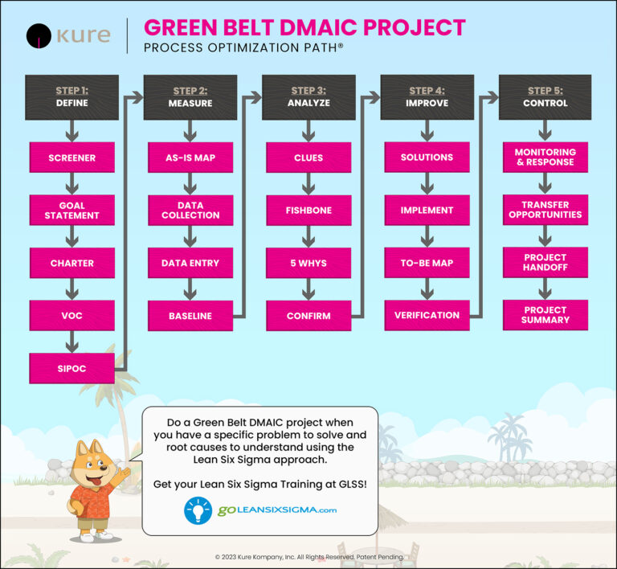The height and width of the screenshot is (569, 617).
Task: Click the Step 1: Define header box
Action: point(72,97)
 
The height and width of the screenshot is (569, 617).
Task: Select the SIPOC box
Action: point(72,368)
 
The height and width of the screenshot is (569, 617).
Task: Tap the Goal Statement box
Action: point(72,211)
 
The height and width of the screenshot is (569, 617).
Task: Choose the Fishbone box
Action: point(308,211)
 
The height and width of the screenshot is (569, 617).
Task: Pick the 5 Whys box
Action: point(308,263)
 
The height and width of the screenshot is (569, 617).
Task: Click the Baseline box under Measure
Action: point(190,316)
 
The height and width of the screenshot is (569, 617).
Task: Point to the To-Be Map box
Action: point(427,263)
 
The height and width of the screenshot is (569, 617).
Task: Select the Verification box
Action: point(427,315)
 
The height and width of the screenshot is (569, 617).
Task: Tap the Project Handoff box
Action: point(545,263)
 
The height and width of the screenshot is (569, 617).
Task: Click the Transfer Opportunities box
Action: point(545,211)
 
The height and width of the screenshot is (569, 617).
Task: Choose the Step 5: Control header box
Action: point(545,97)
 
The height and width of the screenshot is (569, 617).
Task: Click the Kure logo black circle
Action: point(40,36)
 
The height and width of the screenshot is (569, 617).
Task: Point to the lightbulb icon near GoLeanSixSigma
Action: point(198,510)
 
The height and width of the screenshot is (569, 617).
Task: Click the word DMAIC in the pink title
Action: point(300,27)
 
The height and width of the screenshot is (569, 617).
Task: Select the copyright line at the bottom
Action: point(309,556)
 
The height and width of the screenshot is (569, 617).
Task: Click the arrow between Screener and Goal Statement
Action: point(72,184)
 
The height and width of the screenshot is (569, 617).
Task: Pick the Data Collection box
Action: point(190,211)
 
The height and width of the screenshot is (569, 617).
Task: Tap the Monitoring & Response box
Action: point(545,157)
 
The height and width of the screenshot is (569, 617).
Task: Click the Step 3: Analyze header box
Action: point(308,97)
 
